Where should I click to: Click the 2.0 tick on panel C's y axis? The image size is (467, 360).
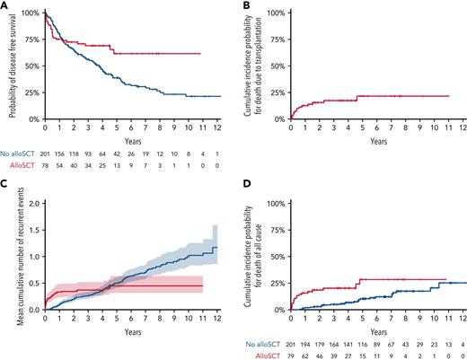[34, 204]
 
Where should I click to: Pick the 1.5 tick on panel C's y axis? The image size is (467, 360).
[34, 230]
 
